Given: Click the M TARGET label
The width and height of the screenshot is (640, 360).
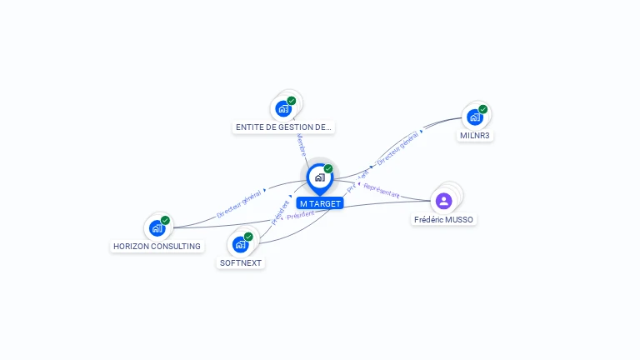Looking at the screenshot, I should coord(320,203).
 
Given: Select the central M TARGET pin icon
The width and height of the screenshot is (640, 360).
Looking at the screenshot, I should coord(319,177).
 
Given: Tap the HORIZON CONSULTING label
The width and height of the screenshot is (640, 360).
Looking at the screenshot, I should coord(157,246).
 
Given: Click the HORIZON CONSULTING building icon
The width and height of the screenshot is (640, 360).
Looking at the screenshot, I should coord(157,227).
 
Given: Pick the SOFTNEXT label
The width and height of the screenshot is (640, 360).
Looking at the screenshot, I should coord(240,262).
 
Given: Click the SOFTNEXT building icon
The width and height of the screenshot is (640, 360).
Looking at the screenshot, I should coord(241,244).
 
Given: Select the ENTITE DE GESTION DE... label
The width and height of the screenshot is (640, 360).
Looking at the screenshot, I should coord(283,127).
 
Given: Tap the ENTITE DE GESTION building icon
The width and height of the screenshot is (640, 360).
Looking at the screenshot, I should coord(283,108).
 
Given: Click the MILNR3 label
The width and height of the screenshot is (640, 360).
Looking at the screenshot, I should coord(475,135).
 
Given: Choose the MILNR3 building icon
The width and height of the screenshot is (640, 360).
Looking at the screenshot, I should coord(475,117).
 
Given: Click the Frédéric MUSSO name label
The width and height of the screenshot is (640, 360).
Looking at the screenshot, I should coord(443,219).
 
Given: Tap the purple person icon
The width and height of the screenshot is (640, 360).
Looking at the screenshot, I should coord(443,200).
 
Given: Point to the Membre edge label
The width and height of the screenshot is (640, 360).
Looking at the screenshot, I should coord(301,144).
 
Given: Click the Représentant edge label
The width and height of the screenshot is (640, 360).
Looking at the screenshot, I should coord(382,190).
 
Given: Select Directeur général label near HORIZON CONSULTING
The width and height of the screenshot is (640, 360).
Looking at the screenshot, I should coord(238,203).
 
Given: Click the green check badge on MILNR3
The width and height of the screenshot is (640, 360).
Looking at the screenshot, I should coord(483,109).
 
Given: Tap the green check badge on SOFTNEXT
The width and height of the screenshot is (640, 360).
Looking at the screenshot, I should coord(248,237).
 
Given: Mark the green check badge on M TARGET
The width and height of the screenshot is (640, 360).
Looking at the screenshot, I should coord(328,169).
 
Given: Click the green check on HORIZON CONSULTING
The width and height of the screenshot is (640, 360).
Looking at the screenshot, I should coord(165,220).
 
